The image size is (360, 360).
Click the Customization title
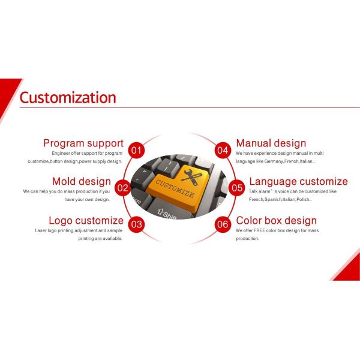click(x=68, y=97)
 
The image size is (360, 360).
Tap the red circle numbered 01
click(x=137, y=150)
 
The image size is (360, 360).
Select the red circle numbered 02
click(x=122, y=188)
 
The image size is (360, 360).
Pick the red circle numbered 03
click(x=137, y=225)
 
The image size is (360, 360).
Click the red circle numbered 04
click(x=223, y=150)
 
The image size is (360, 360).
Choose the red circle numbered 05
click(x=237, y=188)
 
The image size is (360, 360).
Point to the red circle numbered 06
click(x=223, y=225)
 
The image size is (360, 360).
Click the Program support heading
click(x=83, y=143)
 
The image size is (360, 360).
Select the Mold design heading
click(x=81, y=181)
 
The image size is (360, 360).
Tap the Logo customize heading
click(x=86, y=220)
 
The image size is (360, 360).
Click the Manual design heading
click(x=271, y=143)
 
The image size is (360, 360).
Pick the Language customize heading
click(x=298, y=181)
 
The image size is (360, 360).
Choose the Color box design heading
click(x=276, y=220)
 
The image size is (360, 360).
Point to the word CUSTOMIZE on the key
click(x=175, y=187)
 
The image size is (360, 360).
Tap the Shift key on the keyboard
click(x=166, y=213)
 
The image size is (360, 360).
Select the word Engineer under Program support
click(x=62, y=154)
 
